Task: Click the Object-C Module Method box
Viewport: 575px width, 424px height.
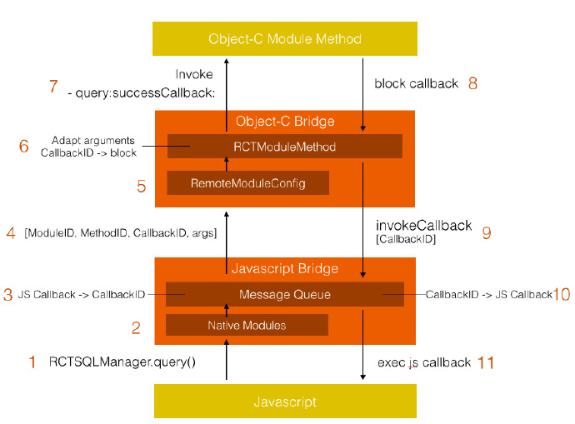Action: point(285,38)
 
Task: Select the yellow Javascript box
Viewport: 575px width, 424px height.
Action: point(285,401)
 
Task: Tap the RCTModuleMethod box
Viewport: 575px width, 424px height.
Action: point(285,147)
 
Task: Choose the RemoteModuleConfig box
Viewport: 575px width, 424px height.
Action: point(247,182)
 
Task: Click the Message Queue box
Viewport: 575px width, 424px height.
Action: point(285,294)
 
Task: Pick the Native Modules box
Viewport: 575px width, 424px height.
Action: point(247,325)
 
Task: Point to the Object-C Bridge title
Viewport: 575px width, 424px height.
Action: point(285,121)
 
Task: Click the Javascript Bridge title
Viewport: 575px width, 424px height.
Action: point(285,268)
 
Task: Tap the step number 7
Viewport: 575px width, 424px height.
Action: point(53,86)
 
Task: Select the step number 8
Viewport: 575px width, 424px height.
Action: point(472,83)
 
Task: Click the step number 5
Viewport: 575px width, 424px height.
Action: point(142,186)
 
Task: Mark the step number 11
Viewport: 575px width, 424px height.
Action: point(486,362)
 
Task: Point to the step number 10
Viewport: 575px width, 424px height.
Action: point(562,294)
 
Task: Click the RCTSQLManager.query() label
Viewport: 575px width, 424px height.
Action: point(122,362)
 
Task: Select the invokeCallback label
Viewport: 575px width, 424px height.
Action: point(423,226)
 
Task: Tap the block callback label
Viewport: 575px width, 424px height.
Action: point(416,83)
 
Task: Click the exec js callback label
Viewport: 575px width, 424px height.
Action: point(424,362)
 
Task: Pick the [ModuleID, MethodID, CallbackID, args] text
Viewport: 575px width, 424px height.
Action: point(121,232)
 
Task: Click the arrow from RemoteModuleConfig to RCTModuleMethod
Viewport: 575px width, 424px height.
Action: point(227,164)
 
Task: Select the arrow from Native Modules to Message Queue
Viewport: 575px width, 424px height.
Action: point(227,311)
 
